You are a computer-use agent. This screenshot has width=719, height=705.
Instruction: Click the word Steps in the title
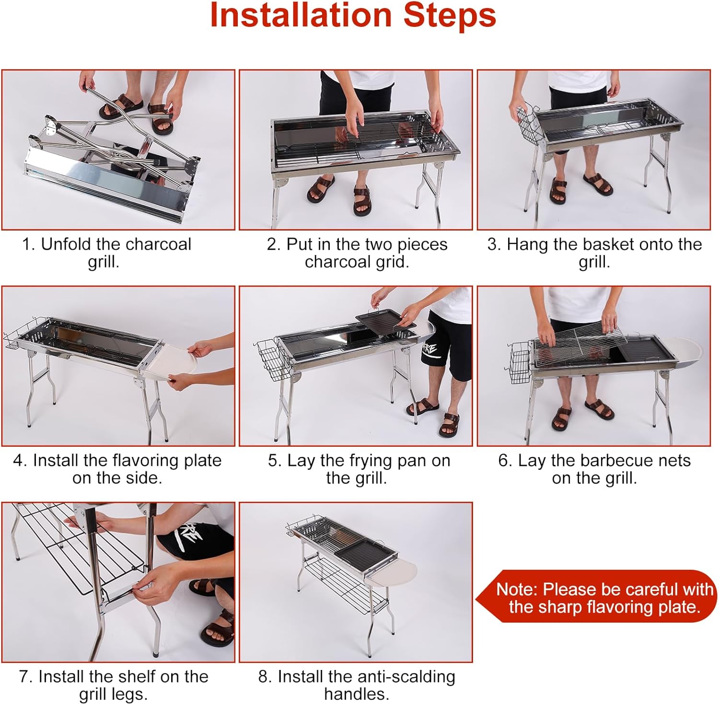[x=450, y=15]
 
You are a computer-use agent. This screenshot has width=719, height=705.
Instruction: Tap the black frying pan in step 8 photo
[x=366, y=552]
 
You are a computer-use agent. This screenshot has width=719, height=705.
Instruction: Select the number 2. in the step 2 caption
[x=274, y=244]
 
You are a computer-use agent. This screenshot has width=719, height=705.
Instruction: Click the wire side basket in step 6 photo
[x=519, y=362]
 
